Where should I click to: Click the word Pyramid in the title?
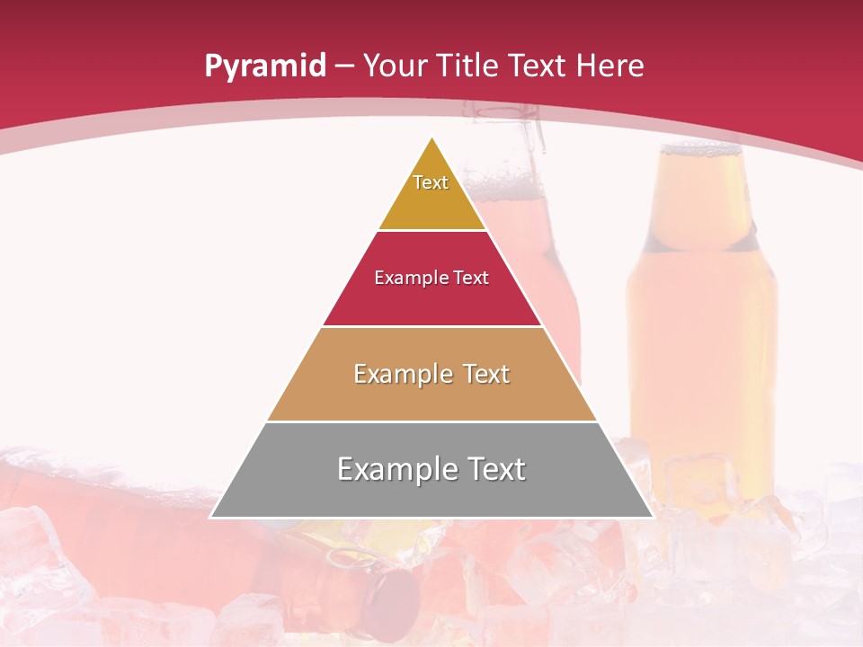(x=264, y=66)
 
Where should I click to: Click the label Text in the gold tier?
(x=431, y=182)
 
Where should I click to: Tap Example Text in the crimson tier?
(x=431, y=278)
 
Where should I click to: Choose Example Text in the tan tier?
(x=431, y=374)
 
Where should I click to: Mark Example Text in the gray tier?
(x=431, y=469)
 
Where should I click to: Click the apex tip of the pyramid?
(x=432, y=138)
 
